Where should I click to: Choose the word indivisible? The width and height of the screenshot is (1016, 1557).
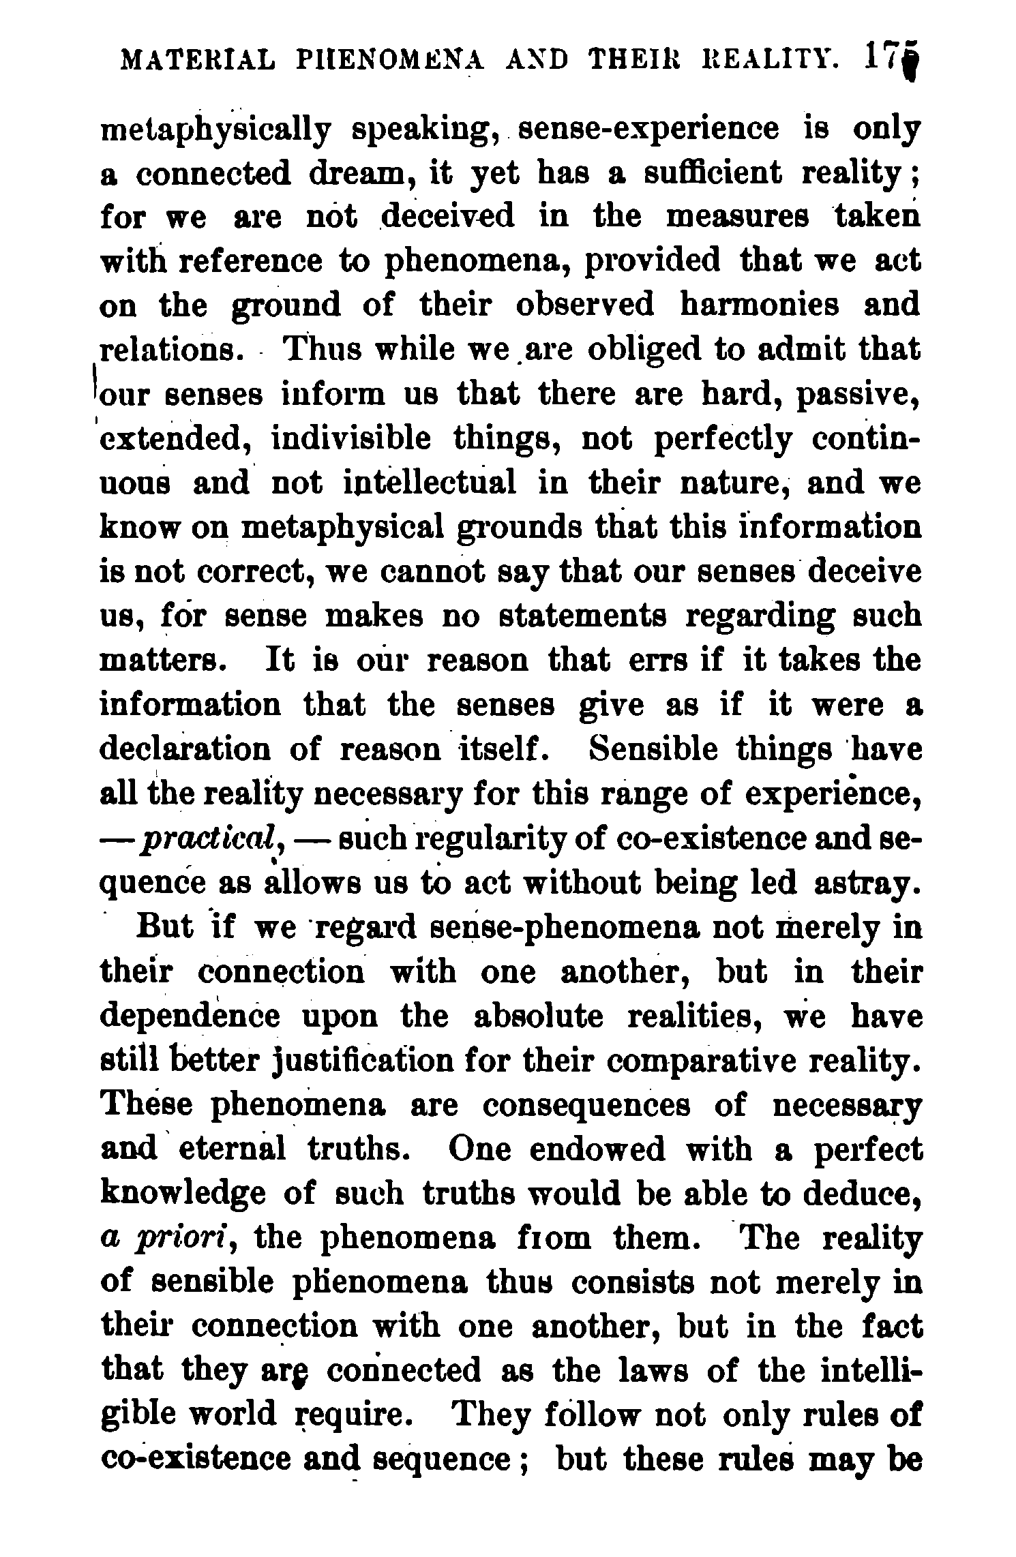point(352,438)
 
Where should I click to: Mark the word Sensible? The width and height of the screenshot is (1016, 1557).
point(654,749)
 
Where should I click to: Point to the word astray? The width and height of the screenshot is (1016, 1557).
point(863,883)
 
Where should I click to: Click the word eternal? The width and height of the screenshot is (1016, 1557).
point(233,1150)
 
